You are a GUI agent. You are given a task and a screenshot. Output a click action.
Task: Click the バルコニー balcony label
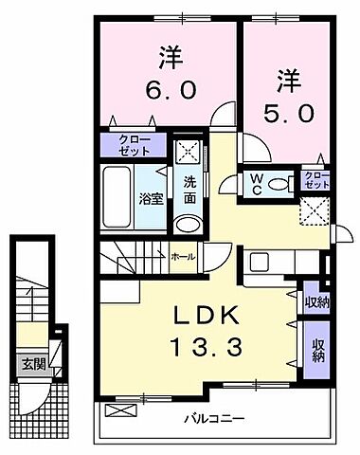pyautogui.click(x=214, y=418)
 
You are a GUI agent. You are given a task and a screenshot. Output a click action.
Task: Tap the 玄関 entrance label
pyautogui.click(x=34, y=362)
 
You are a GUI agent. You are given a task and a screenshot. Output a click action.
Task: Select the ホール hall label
pyautogui.click(x=184, y=257)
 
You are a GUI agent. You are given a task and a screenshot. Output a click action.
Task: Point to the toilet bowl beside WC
pyautogui.click(x=279, y=183)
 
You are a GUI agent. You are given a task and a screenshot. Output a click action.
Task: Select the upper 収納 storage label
pyautogui.click(x=316, y=302)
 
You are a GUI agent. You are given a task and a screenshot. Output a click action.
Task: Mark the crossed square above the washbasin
pyautogui.click(x=188, y=149)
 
